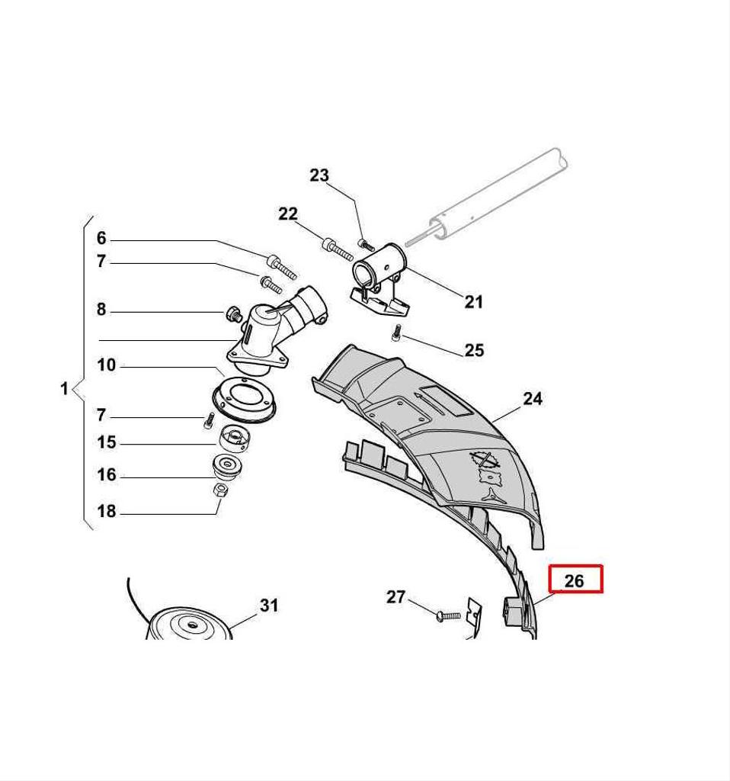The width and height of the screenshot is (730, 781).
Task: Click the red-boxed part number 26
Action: point(574,580)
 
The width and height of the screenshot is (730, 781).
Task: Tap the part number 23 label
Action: point(319,175)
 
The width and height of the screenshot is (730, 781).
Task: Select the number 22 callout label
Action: point(287,214)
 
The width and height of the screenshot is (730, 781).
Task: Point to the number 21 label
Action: point(473,301)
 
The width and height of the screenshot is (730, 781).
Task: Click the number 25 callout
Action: point(474,350)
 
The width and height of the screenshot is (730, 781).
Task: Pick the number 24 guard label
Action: point(533,398)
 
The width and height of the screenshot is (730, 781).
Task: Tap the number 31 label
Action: point(269,605)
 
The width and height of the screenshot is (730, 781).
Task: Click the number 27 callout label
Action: point(396,596)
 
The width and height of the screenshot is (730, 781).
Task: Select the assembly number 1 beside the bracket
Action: point(64,388)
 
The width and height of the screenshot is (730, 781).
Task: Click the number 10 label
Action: point(106,365)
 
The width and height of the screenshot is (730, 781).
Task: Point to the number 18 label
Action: point(106,511)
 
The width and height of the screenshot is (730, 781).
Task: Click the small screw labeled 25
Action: point(396,333)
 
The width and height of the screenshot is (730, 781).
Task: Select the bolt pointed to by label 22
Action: point(338,249)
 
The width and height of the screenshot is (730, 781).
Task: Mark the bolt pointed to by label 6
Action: point(282,266)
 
